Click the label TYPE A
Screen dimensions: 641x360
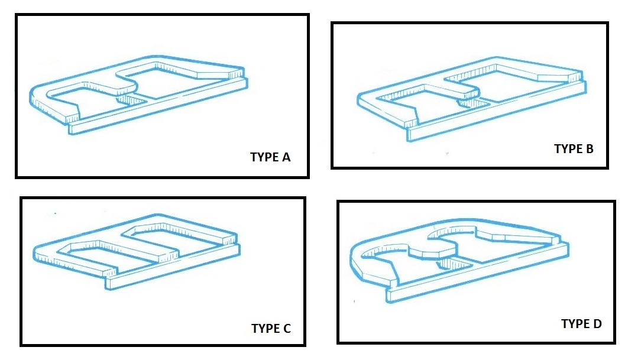270,157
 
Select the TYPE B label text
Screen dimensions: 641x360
574,149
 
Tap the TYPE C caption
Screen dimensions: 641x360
271,329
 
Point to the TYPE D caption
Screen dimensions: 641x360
581,323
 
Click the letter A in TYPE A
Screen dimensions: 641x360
286,157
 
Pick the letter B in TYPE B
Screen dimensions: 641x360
590,149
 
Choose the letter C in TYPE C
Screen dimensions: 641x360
287,329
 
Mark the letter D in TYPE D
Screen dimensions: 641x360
597,323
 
